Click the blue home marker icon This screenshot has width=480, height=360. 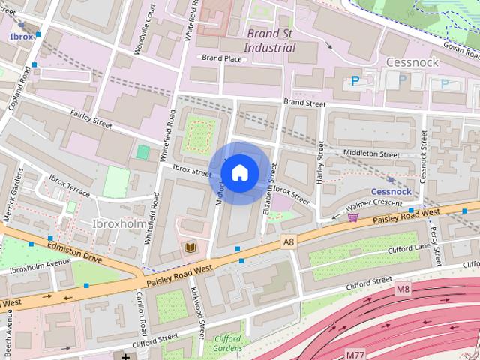point(239,172)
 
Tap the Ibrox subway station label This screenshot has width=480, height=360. point(20,35)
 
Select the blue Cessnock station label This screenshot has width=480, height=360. point(391,191)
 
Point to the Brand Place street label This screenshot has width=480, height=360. point(221,58)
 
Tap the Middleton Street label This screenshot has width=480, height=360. point(370,154)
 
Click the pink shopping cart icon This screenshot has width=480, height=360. point(352,217)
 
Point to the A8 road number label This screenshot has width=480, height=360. point(289,241)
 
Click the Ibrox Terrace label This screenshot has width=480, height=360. point(69,187)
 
